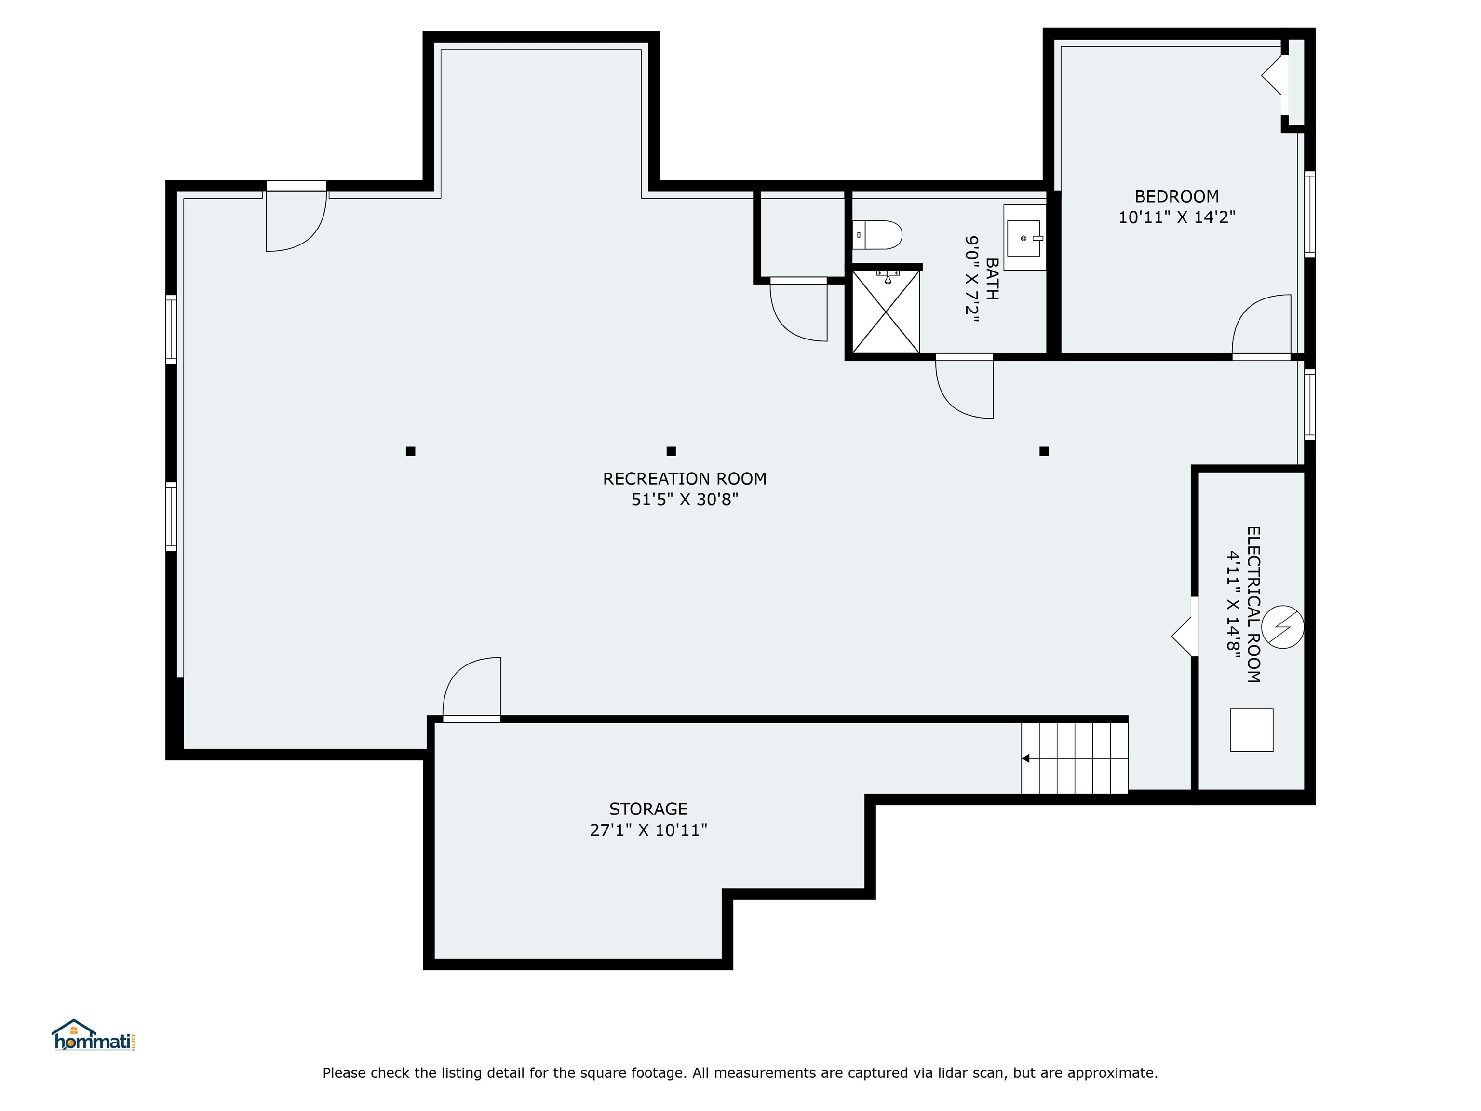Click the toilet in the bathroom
pos(877,235)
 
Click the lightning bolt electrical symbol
pos(1283,627)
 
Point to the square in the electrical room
pos(1252,730)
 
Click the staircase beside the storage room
pos(1075,758)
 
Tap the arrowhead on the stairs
pos(1025,758)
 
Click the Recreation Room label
pos(684,479)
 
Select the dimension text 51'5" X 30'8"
pos(684,500)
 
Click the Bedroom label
pos(1176,196)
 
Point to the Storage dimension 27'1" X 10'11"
pos(648,830)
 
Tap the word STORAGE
pos(648,809)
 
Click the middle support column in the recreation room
pos(671,451)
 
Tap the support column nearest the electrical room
pos(1044,451)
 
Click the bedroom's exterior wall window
pos(1309,214)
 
